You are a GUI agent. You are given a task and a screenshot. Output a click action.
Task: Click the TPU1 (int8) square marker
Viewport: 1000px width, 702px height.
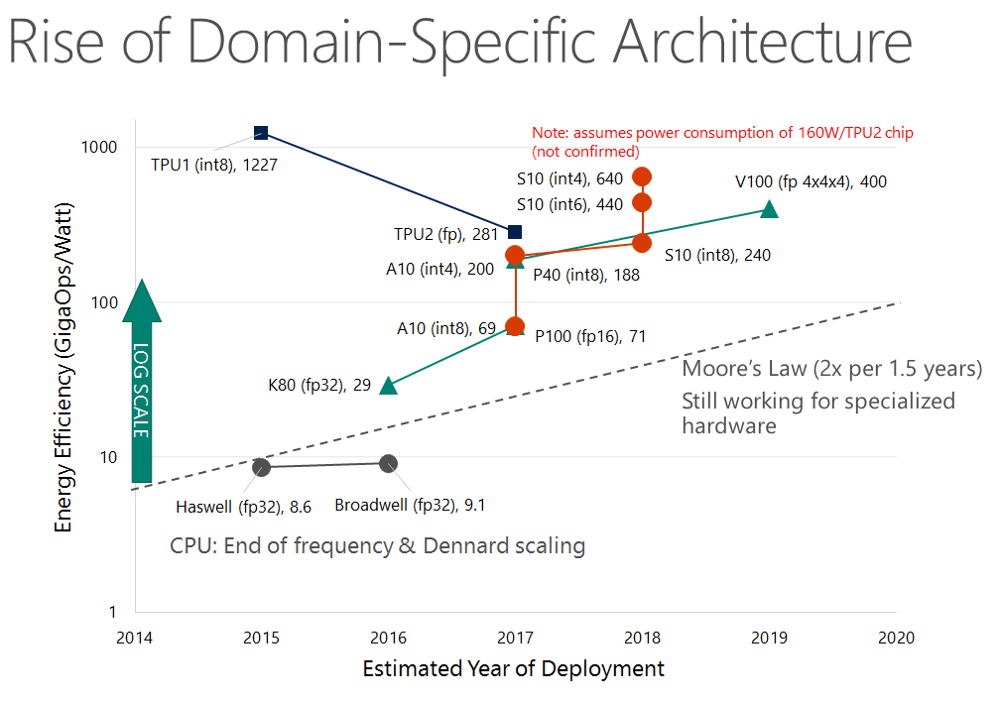(261, 133)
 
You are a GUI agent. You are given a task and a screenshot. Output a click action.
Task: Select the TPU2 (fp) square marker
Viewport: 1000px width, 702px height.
(514, 232)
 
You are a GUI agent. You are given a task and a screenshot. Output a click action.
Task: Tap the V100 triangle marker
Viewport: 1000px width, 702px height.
(769, 209)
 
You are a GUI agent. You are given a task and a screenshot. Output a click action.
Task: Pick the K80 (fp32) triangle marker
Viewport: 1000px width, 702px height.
(388, 386)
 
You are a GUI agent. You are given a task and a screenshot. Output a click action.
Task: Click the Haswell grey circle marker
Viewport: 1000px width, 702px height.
(261, 467)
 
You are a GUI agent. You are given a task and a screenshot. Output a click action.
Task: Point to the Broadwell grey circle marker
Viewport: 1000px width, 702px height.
(388, 463)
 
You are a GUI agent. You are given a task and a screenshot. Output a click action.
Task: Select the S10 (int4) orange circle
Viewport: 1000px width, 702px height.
(642, 177)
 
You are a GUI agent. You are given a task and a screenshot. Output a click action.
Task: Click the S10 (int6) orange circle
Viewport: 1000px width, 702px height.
(642, 202)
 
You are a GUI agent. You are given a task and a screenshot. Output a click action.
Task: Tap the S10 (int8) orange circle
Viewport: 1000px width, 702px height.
(642, 243)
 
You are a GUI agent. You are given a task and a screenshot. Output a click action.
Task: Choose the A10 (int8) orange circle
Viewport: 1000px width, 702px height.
(515, 326)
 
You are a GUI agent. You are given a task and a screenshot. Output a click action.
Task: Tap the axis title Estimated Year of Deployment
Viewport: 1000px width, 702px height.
(513, 669)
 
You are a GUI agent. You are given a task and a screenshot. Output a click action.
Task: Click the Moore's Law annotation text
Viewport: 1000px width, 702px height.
(831, 370)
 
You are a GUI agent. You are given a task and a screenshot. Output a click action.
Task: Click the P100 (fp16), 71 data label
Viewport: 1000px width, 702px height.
(590, 337)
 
